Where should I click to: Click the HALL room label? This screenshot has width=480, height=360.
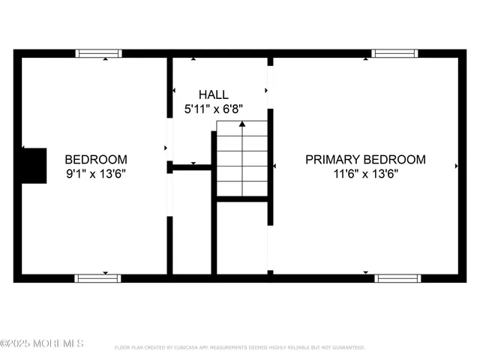[213, 94]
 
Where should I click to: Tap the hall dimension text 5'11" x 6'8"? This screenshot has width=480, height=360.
[214, 109]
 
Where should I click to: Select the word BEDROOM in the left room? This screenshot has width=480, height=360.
[95, 160]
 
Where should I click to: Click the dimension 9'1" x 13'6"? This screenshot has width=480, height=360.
[95, 174]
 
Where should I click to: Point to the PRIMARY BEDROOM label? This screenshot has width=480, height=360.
[365, 160]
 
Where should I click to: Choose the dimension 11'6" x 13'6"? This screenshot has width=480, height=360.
[365, 174]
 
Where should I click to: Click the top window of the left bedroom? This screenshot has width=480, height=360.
[99, 53]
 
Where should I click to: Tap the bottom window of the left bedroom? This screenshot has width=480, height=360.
[97, 278]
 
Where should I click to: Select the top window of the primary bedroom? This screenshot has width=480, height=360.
[394, 53]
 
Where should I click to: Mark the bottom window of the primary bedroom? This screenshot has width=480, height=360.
[397, 278]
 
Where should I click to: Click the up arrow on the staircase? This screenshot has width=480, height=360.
[241, 124]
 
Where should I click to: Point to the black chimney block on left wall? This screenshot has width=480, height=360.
[34, 166]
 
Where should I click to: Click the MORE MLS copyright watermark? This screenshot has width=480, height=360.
[42, 343]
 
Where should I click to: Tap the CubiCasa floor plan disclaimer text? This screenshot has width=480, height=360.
[239, 348]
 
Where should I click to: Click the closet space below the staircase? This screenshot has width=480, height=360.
[241, 237]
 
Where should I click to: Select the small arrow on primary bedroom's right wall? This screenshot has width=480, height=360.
[457, 166]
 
